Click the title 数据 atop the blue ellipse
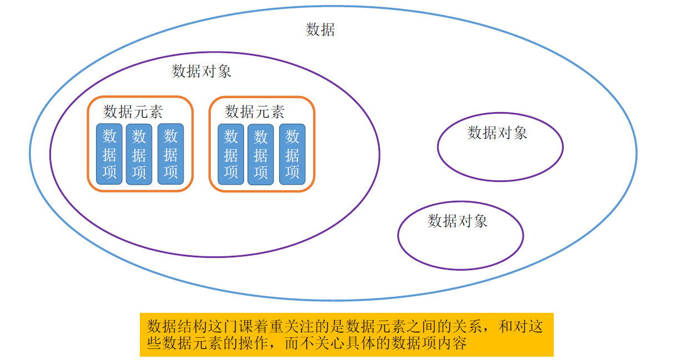tap(320, 29)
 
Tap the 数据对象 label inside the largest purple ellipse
tap(201, 72)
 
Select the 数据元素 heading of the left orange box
tap(133, 111)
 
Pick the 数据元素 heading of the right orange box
tap(255, 111)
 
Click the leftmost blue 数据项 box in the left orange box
tap(109, 154)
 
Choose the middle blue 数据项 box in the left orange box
tap(139, 154)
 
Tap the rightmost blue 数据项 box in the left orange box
tap(170, 154)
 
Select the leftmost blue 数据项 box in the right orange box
tap(231, 154)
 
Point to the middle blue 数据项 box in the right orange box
tap(261, 154)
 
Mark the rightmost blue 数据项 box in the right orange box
tap(292, 154)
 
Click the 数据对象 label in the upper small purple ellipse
tap(497, 133)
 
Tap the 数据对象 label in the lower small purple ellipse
tap(457, 221)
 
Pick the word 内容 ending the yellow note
tap(453, 343)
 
